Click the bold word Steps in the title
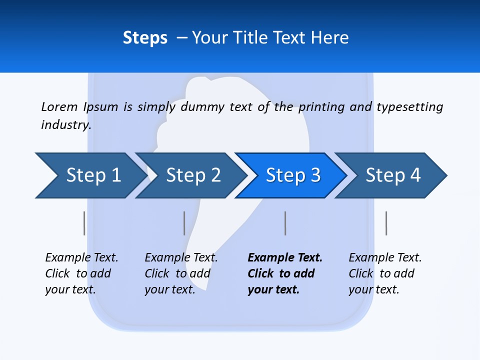[145, 37]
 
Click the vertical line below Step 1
[84, 223]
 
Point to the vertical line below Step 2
[184, 223]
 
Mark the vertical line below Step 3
[285, 223]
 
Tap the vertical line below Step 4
[386, 223]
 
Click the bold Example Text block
[284, 273]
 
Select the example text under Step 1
[81, 273]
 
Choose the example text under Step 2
[181, 273]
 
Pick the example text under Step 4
[385, 273]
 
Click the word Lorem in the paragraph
[59, 106]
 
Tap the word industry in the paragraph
[65, 124]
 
